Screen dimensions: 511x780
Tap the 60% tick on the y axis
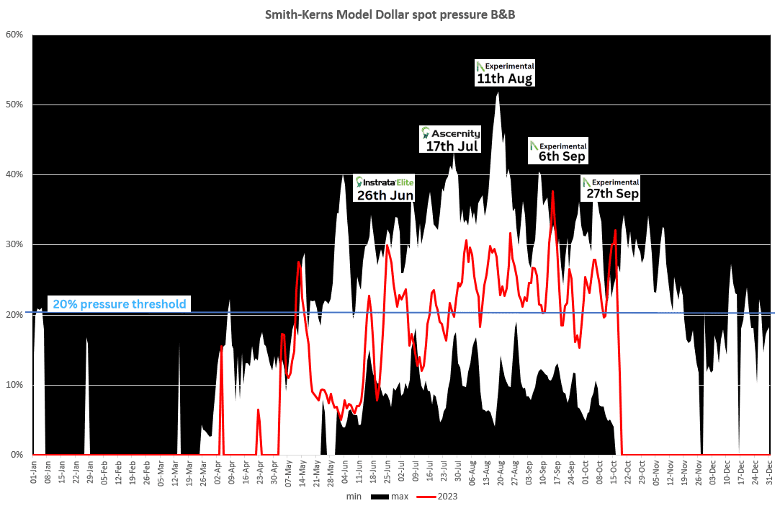pos(14,35)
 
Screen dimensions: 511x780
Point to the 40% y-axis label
pos(14,174)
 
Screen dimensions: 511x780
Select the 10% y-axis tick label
pos(14,385)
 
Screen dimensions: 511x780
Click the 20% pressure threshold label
pos(117,304)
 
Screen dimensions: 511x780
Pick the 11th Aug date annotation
pos(505,79)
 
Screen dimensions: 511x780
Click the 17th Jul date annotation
pos(452,146)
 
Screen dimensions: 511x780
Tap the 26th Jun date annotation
pos(384,195)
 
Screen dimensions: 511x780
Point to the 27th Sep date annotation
pos(612,194)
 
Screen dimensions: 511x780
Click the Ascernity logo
pos(451,133)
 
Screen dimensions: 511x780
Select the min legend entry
pos(354,497)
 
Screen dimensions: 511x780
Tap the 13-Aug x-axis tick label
pos(487,471)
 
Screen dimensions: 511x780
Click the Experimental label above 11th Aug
pos(509,66)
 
